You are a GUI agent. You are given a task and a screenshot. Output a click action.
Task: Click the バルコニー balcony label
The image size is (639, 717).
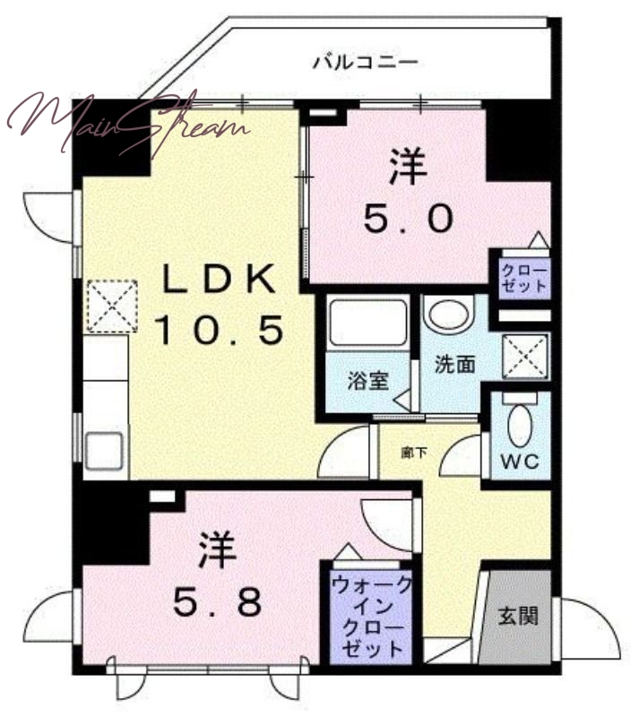pyautogui.click(x=366, y=62)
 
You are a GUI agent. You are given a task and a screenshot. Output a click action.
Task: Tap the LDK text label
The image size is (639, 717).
pyautogui.click(x=220, y=279)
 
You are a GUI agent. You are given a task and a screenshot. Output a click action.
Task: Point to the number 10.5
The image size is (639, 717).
pyautogui.click(x=219, y=330)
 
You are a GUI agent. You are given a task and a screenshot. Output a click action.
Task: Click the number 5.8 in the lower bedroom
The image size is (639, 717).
pyautogui.click(x=218, y=600)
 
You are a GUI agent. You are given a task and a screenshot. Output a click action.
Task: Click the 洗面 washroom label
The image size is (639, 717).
pyautogui.click(x=454, y=364)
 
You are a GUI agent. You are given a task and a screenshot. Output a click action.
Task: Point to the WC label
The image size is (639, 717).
pyautogui.click(x=520, y=462)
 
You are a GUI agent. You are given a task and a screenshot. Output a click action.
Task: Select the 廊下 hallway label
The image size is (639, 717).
pyautogui.click(x=414, y=453)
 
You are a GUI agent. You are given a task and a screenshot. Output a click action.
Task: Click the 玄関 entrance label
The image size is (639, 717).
pyautogui.click(x=518, y=616)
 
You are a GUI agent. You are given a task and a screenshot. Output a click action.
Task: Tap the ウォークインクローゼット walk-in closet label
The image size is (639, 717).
pyautogui.click(x=371, y=617)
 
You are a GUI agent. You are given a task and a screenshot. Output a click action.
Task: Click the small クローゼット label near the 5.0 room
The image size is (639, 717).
pyautogui.click(x=524, y=279)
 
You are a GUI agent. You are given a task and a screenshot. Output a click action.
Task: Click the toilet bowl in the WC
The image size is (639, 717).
pyautogui.click(x=520, y=425)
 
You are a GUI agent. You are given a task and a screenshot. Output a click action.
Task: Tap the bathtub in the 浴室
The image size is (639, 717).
pyautogui.click(x=368, y=323)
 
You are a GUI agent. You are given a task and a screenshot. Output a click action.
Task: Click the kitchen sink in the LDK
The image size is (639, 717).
pyautogui.click(x=104, y=451)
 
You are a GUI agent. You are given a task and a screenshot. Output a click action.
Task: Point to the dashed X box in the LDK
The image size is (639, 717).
pyautogui.click(x=112, y=306)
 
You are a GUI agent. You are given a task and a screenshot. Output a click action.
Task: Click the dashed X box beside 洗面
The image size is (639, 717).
pyautogui.click(x=525, y=356)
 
